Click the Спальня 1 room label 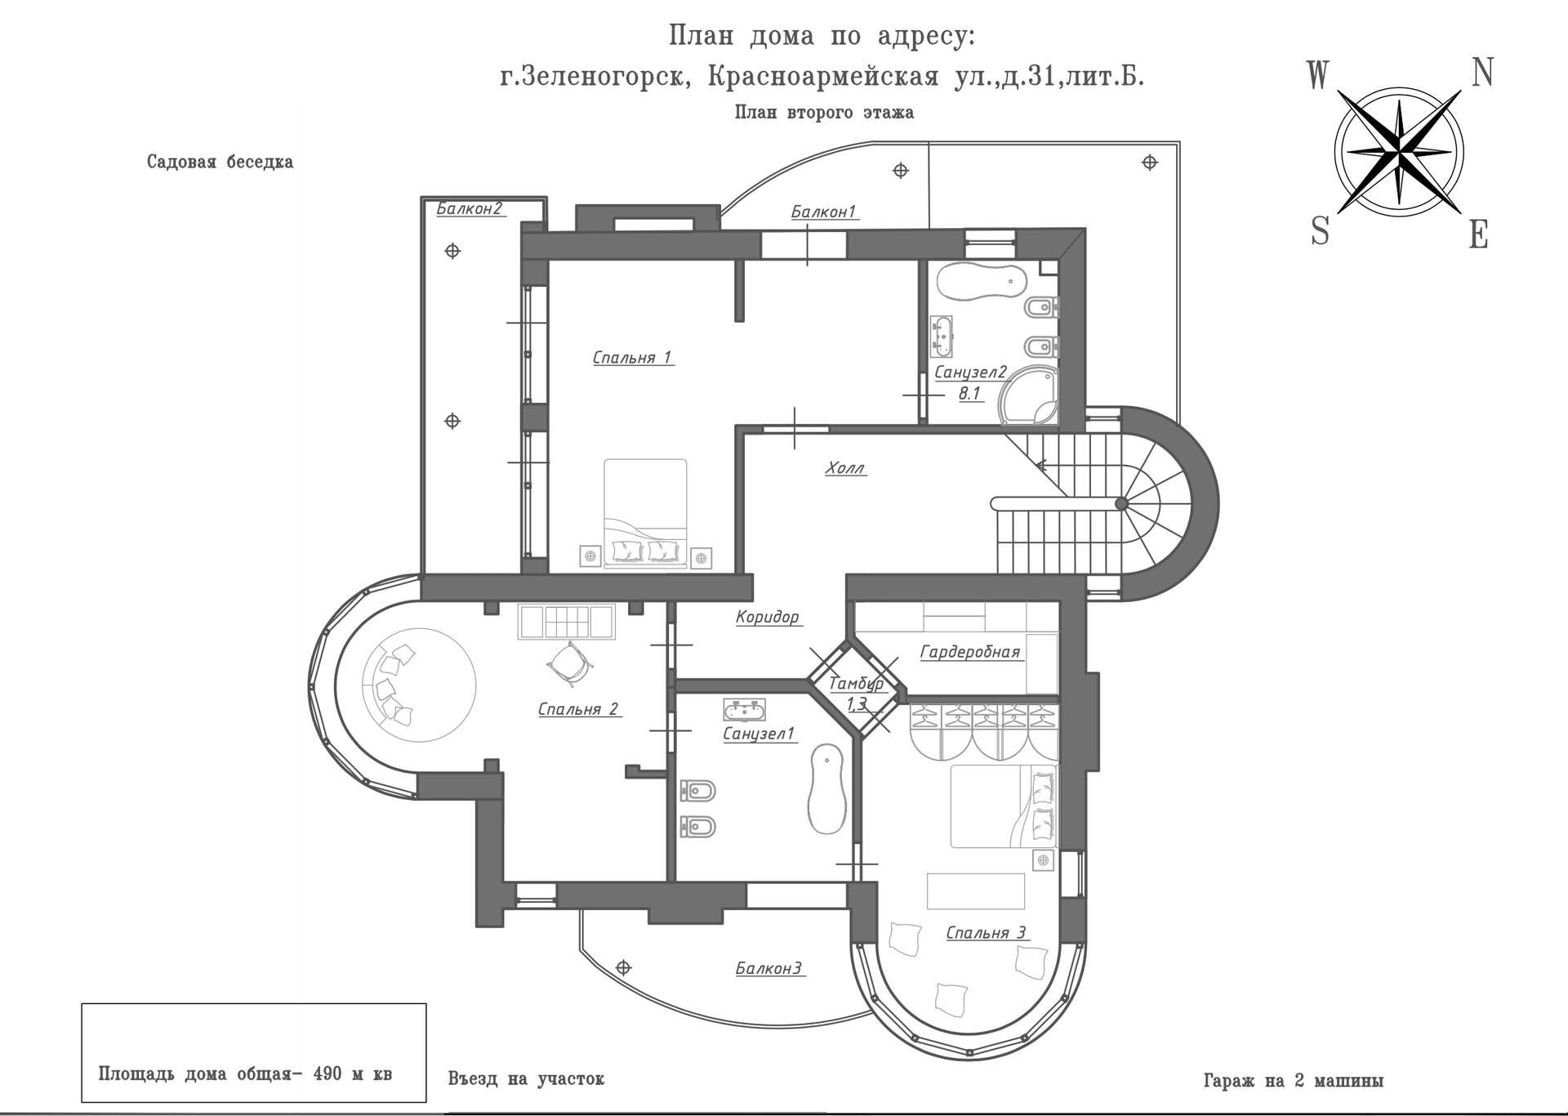click(632, 358)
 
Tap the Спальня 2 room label click(578, 709)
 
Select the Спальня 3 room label click(986, 933)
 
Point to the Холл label click(845, 468)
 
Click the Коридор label click(767, 617)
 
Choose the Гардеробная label click(970, 652)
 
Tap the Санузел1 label click(759, 734)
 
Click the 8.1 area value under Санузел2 click(969, 393)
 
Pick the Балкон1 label click(823, 212)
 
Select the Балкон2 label click(469, 208)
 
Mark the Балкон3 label click(768, 969)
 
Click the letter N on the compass click(1482, 73)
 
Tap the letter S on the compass click(1320, 231)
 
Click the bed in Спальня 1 click(645, 511)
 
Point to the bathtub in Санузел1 click(826, 789)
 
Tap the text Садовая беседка click(220, 162)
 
